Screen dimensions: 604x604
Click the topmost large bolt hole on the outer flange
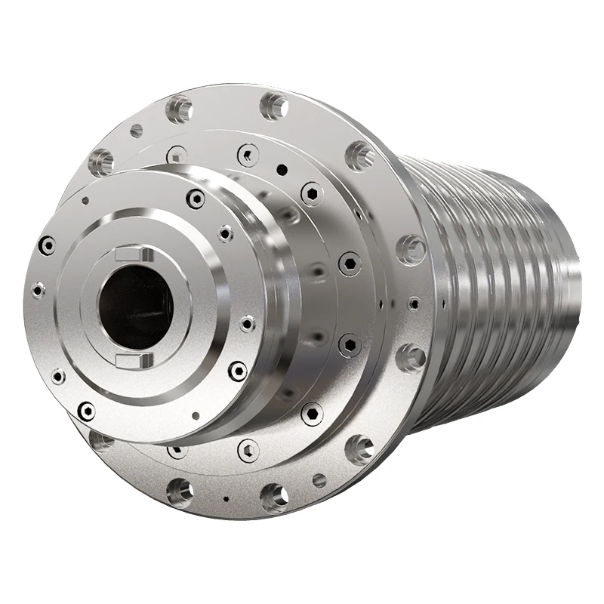[274, 105]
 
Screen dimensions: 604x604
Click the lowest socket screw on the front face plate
[87, 410]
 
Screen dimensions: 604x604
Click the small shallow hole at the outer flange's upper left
[136, 131]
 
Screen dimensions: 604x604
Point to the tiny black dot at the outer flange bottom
[226, 498]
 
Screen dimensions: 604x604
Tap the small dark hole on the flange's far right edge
[414, 303]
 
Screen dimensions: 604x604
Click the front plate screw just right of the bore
[247, 324]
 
